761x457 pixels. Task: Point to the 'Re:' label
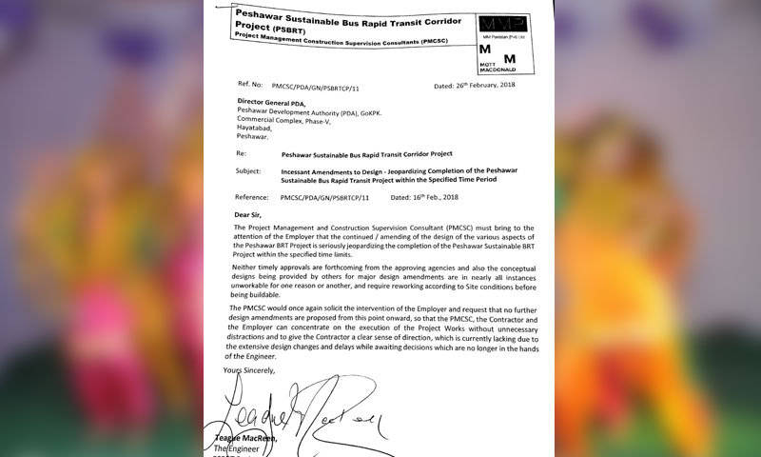pos(241,152)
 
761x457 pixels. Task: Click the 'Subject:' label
pos(251,170)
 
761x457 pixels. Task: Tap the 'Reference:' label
pos(255,195)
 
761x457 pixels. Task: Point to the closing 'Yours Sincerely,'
pos(249,369)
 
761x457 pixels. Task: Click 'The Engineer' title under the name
pos(248,448)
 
